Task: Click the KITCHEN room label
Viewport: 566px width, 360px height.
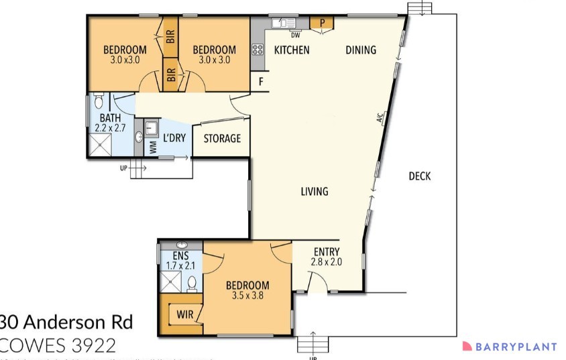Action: [x=292, y=50]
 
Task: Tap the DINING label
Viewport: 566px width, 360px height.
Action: [x=361, y=50]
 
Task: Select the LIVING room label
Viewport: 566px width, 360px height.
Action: [x=314, y=192]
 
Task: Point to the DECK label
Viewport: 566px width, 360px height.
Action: [x=419, y=176]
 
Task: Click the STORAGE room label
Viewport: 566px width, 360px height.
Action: [x=222, y=139]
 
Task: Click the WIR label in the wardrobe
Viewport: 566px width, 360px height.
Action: [x=185, y=314]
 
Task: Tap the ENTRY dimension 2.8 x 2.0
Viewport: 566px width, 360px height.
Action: [x=327, y=262]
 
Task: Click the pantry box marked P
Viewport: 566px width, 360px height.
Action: [x=322, y=23]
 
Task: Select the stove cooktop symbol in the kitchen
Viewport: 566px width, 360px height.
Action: [x=258, y=49]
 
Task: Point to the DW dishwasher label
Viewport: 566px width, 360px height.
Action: [x=295, y=36]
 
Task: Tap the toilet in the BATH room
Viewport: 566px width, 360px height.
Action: [x=99, y=101]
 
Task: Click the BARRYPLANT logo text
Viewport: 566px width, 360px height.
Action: [x=516, y=347]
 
